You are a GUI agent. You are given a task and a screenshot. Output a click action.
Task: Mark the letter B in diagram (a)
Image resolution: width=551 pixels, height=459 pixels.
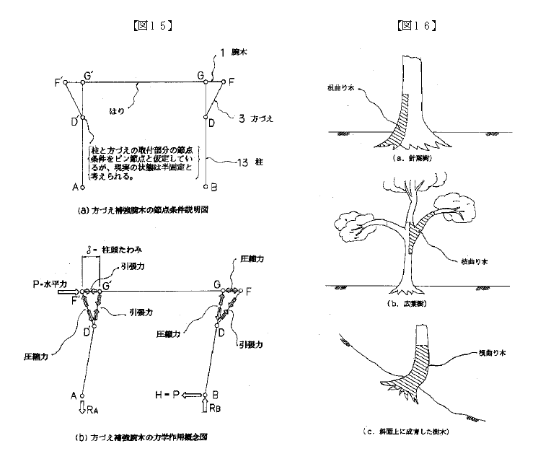[214, 186]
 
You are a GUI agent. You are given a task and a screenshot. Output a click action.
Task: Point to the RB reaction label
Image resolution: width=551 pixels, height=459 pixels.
[214, 411]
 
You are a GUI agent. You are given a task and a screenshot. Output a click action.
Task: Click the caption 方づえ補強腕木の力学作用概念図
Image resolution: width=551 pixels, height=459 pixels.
[146, 439]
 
